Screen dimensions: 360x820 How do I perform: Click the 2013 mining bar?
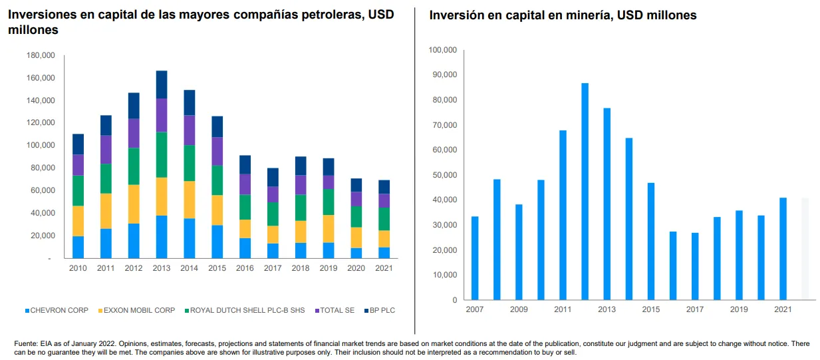point(607,204)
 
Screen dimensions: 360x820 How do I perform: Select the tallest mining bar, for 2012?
point(585,192)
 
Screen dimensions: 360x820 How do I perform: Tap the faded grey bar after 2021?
point(805,249)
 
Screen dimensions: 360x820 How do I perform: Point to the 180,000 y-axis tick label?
point(41,55)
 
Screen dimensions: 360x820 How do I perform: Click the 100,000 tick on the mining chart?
point(442,50)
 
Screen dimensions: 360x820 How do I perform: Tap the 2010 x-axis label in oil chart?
point(78,268)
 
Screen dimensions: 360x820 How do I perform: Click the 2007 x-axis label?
point(475,309)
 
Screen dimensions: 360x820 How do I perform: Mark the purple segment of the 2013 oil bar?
point(162,115)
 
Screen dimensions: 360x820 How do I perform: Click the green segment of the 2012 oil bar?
point(134,166)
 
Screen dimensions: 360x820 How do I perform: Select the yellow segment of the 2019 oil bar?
point(329,229)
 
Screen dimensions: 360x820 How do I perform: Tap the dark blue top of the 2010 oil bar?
point(78,144)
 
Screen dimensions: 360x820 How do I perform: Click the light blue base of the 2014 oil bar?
point(190,238)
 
